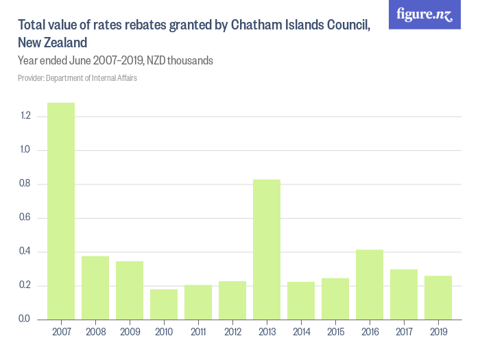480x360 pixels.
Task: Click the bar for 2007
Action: [x=61, y=211]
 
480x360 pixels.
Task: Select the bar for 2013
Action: [x=267, y=249]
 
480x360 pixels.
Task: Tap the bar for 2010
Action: [x=164, y=304]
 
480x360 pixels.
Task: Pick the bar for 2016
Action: [x=370, y=285]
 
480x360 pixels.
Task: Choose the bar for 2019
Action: [x=438, y=298]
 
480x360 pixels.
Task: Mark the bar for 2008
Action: [x=95, y=288]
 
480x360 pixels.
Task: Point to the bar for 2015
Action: [x=335, y=299]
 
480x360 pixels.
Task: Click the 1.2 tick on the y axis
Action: [x=26, y=117]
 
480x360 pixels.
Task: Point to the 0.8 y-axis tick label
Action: [x=26, y=184]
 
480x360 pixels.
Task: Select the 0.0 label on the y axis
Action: [x=26, y=320]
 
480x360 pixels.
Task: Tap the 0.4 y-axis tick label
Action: [x=26, y=252]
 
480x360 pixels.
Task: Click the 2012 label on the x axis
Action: [x=232, y=333]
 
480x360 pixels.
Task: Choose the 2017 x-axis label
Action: [x=404, y=333]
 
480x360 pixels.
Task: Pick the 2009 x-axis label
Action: [x=130, y=333]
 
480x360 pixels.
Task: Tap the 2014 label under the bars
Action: [x=301, y=333]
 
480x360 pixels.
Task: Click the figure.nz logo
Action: [x=424, y=14]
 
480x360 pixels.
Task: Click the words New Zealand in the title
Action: [x=52, y=43]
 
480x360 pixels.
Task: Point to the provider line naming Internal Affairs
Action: [x=77, y=78]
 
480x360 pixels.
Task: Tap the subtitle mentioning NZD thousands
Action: [x=115, y=61]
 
